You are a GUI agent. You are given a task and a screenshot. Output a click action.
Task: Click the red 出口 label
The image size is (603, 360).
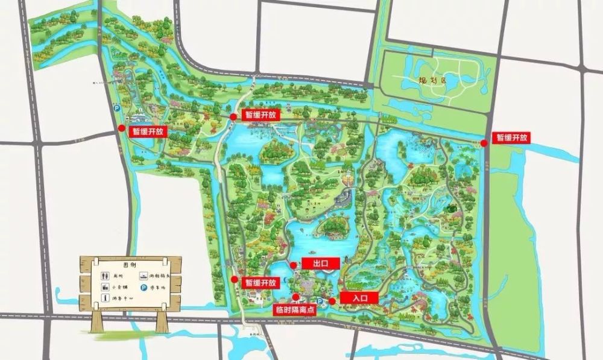pyautogui.click(x=320, y=263)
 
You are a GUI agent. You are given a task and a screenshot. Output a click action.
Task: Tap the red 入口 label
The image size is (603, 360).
pyautogui.click(x=358, y=297)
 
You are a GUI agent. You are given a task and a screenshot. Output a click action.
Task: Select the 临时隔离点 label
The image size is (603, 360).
pyautogui.click(x=295, y=309)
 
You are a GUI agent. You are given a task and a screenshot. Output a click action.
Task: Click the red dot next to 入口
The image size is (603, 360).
pyautogui.click(x=332, y=300)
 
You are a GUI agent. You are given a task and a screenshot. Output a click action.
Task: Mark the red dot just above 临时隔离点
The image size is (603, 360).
pyautogui.click(x=295, y=297)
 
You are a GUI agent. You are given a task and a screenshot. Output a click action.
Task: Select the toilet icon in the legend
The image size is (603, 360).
pyautogui.click(x=104, y=275)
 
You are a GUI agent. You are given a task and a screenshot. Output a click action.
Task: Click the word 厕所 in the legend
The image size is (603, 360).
pyautogui.click(x=118, y=276)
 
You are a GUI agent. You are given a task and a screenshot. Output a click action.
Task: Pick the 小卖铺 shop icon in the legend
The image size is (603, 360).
pyautogui.click(x=104, y=286)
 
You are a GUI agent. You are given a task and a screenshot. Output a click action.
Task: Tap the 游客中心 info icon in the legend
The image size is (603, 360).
pyautogui.click(x=104, y=298)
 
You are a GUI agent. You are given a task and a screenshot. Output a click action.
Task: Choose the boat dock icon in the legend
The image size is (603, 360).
pyautogui.click(x=144, y=276)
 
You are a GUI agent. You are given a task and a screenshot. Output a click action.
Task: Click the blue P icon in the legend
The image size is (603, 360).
pyautogui.click(x=144, y=287)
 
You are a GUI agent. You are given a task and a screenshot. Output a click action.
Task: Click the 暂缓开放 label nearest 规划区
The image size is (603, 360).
pyautogui.click(x=511, y=137)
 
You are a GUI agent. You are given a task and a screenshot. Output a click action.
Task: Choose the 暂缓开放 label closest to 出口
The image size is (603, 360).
pyautogui.click(x=260, y=282)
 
